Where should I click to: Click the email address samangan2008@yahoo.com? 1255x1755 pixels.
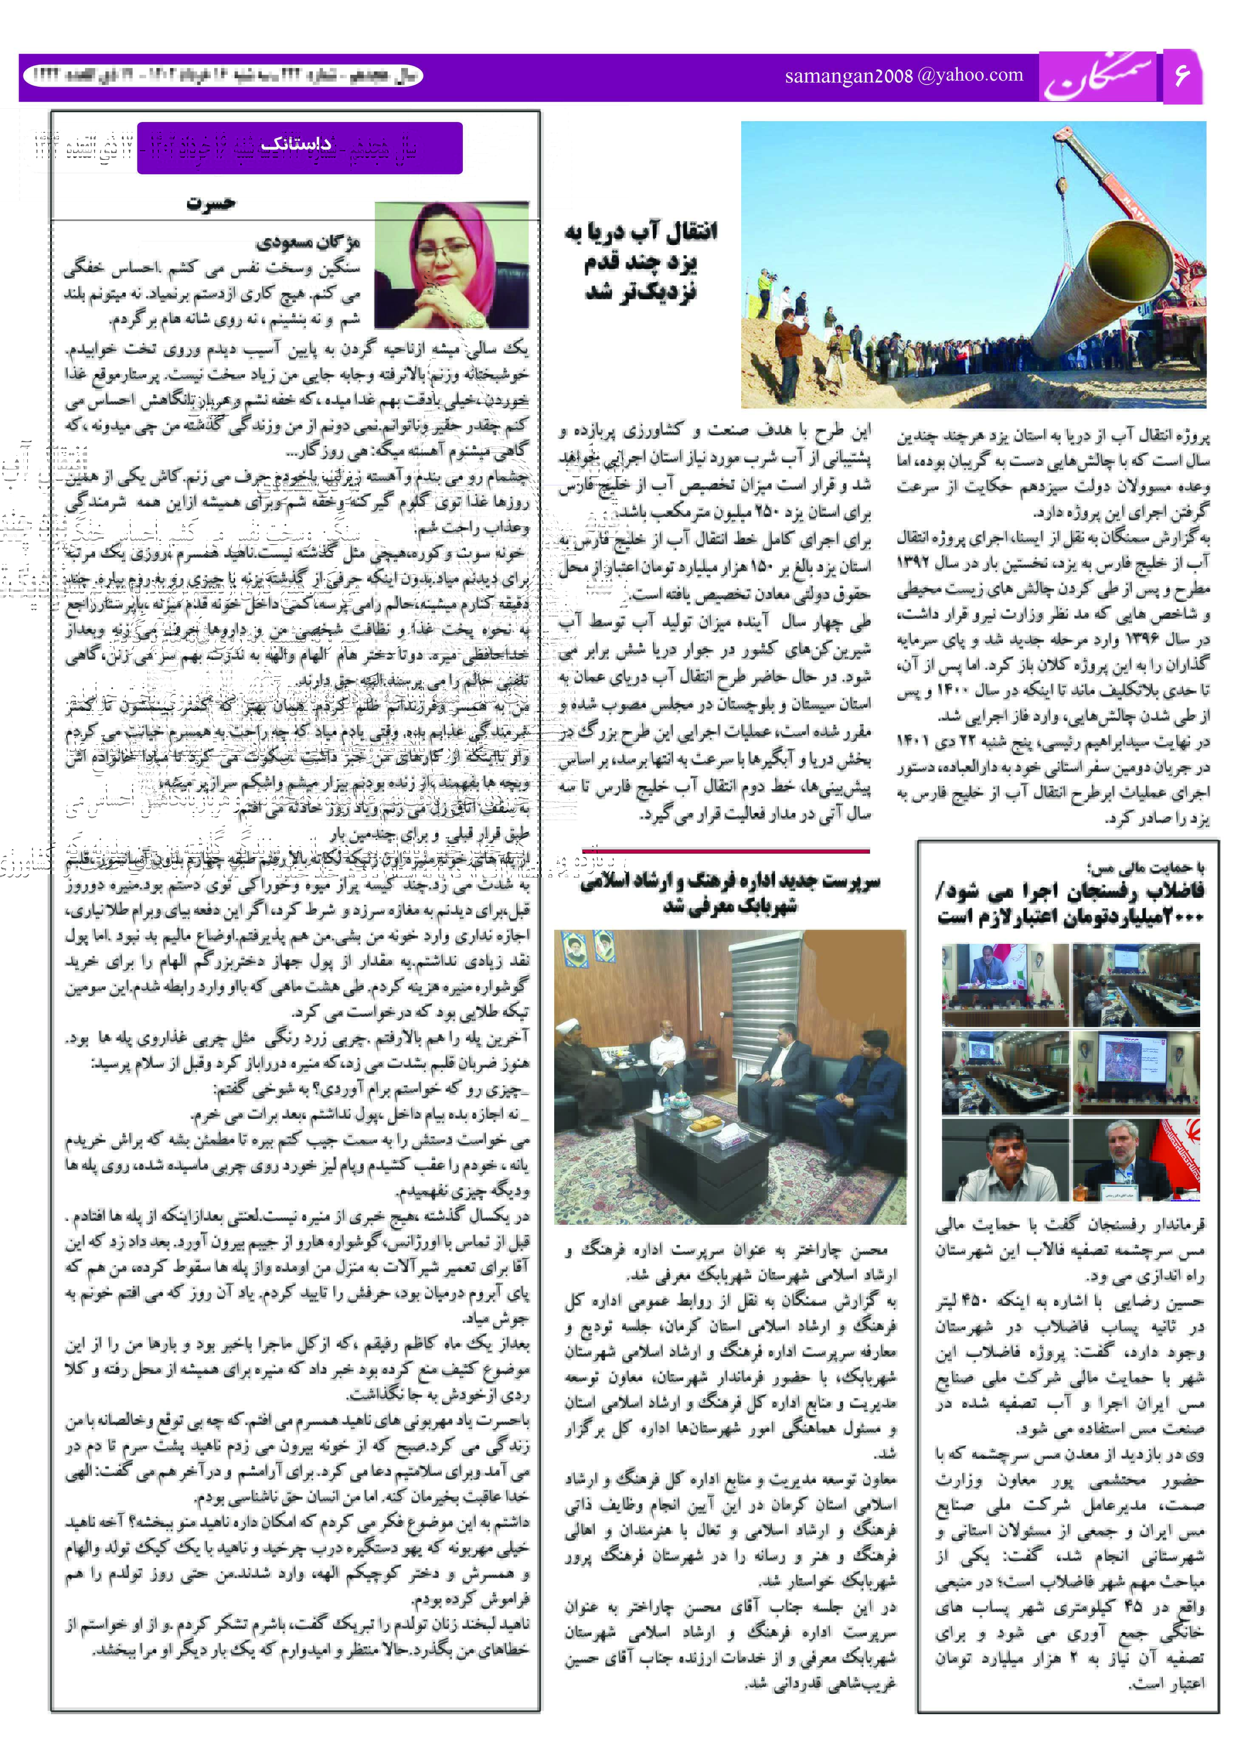(x=904, y=76)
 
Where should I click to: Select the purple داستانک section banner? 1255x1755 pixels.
(x=300, y=147)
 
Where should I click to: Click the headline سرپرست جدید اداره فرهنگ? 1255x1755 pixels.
(x=730, y=893)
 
